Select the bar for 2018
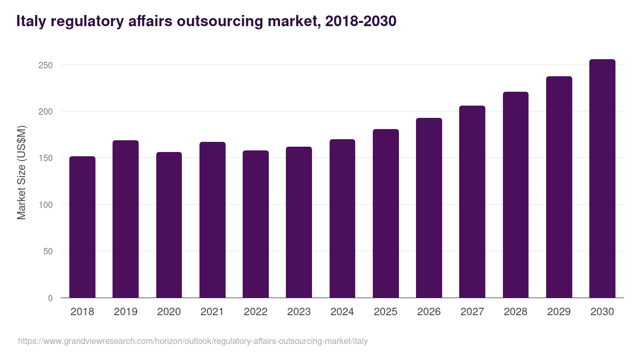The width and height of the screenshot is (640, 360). click(82, 227)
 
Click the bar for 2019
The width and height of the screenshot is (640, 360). click(125, 219)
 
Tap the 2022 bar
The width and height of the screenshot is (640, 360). click(255, 224)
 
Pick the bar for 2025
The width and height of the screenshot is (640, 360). click(386, 213)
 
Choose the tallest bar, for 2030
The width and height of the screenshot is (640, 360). click(602, 179)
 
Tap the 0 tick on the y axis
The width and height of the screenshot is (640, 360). click(50, 298)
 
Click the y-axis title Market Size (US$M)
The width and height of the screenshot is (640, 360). click(21, 172)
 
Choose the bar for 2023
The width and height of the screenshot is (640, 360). click(299, 222)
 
